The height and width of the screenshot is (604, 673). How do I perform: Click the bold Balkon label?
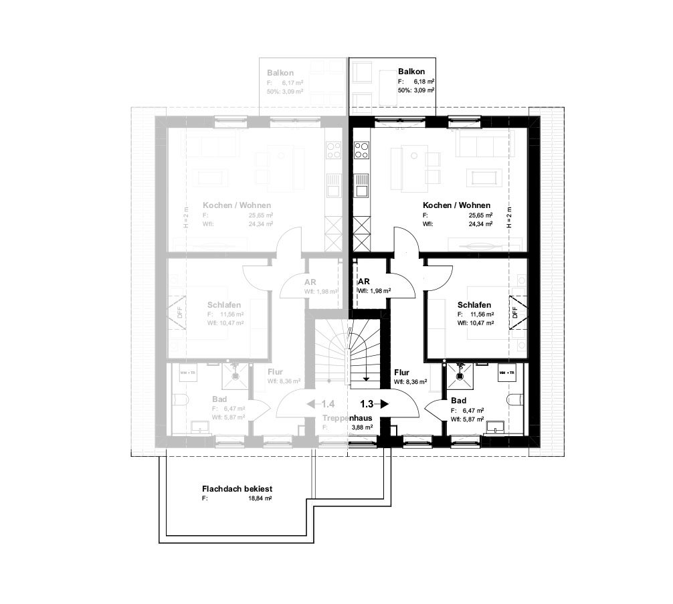[x=411, y=71]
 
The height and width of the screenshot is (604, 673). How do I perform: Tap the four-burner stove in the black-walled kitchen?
[x=361, y=149]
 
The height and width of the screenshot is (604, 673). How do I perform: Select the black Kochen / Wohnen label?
[x=456, y=205]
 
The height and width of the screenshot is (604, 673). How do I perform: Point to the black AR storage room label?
[x=364, y=282]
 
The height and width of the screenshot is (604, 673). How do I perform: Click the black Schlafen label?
[x=475, y=304]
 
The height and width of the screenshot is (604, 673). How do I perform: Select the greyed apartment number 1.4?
[x=328, y=404]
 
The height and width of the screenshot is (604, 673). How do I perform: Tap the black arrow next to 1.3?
[x=385, y=404]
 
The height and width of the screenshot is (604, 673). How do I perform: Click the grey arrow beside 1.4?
[x=311, y=404]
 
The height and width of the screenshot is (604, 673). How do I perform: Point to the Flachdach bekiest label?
[x=236, y=489]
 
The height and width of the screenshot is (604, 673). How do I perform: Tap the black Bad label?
[x=458, y=400]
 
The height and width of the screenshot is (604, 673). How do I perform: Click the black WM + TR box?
[x=506, y=370]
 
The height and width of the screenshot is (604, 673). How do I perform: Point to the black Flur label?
[x=402, y=373]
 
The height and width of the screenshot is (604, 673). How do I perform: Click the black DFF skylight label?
[x=514, y=313]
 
